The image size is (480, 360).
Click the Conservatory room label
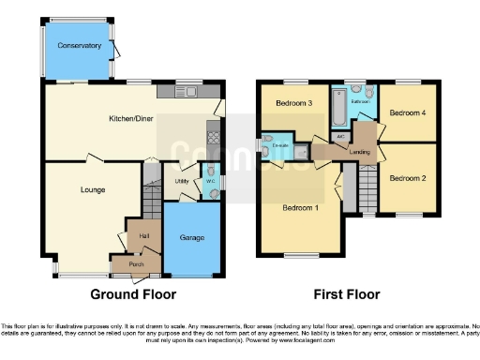pyautogui.click(x=79, y=45)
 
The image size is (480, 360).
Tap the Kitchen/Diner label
pyautogui.click(x=132, y=119)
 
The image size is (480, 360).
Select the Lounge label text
pyautogui.click(x=92, y=190)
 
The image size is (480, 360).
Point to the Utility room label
pyautogui.click(x=183, y=180)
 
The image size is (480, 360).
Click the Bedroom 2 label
pyautogui.click(x=408, y=178)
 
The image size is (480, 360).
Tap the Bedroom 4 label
pyautogui.click(x=408, y=112)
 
